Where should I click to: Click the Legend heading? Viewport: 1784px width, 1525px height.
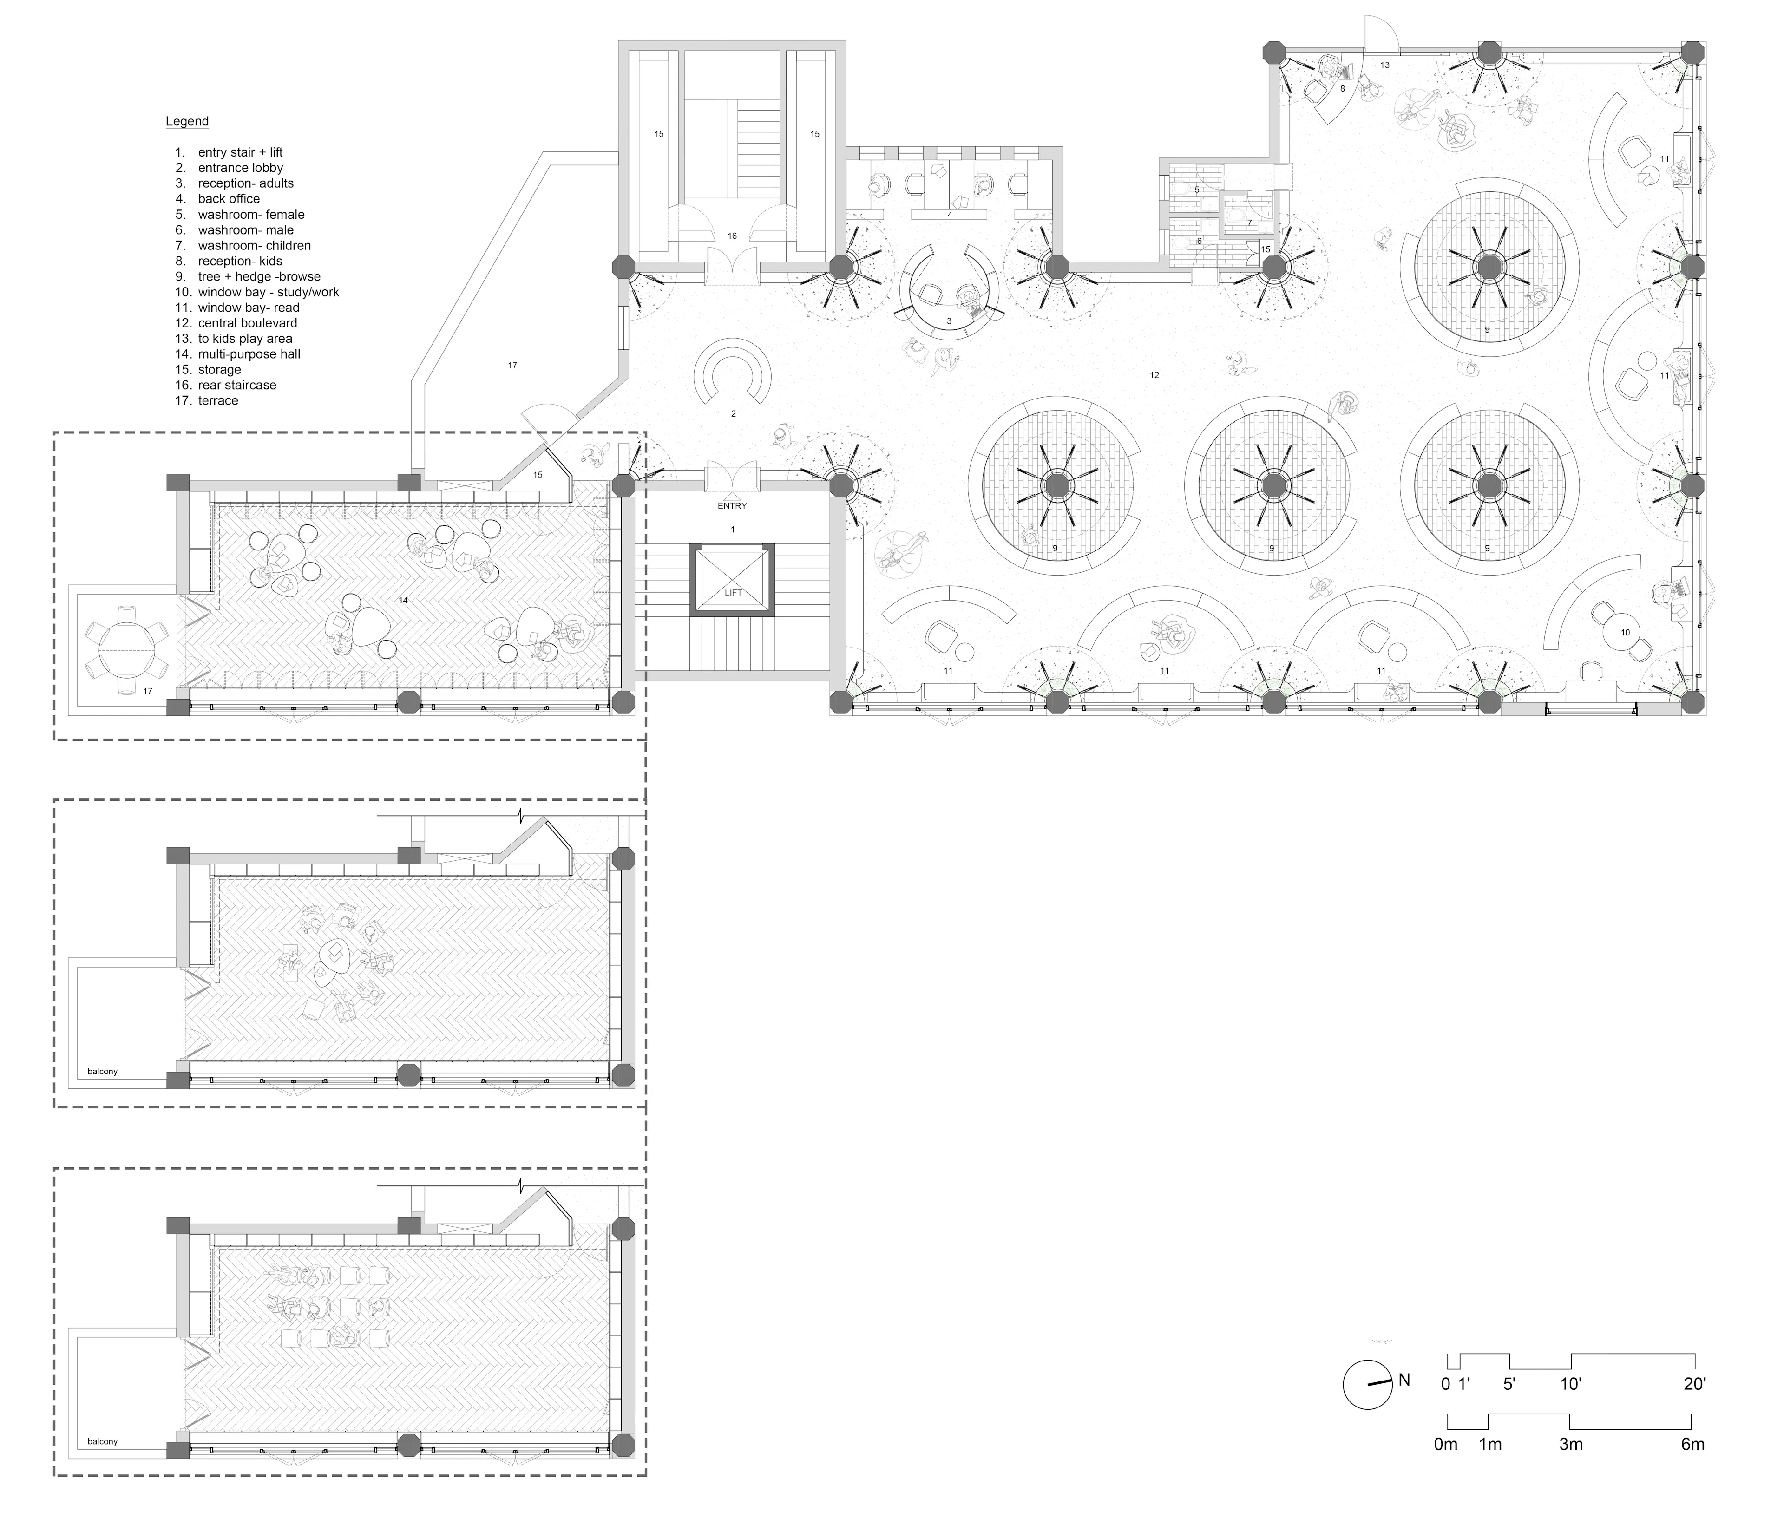point(187,121)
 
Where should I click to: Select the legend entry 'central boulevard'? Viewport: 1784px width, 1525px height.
point(247,323)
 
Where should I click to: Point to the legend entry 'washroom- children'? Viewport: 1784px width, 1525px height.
point(254,245)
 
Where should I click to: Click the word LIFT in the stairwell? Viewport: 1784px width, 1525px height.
point(733,593)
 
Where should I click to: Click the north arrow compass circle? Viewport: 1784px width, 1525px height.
point(1367,1409)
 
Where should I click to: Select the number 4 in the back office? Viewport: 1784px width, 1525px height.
point(950,215)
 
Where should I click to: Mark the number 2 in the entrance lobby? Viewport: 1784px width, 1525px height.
point(734,414)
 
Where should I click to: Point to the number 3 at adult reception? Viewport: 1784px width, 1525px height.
point(949,321)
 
